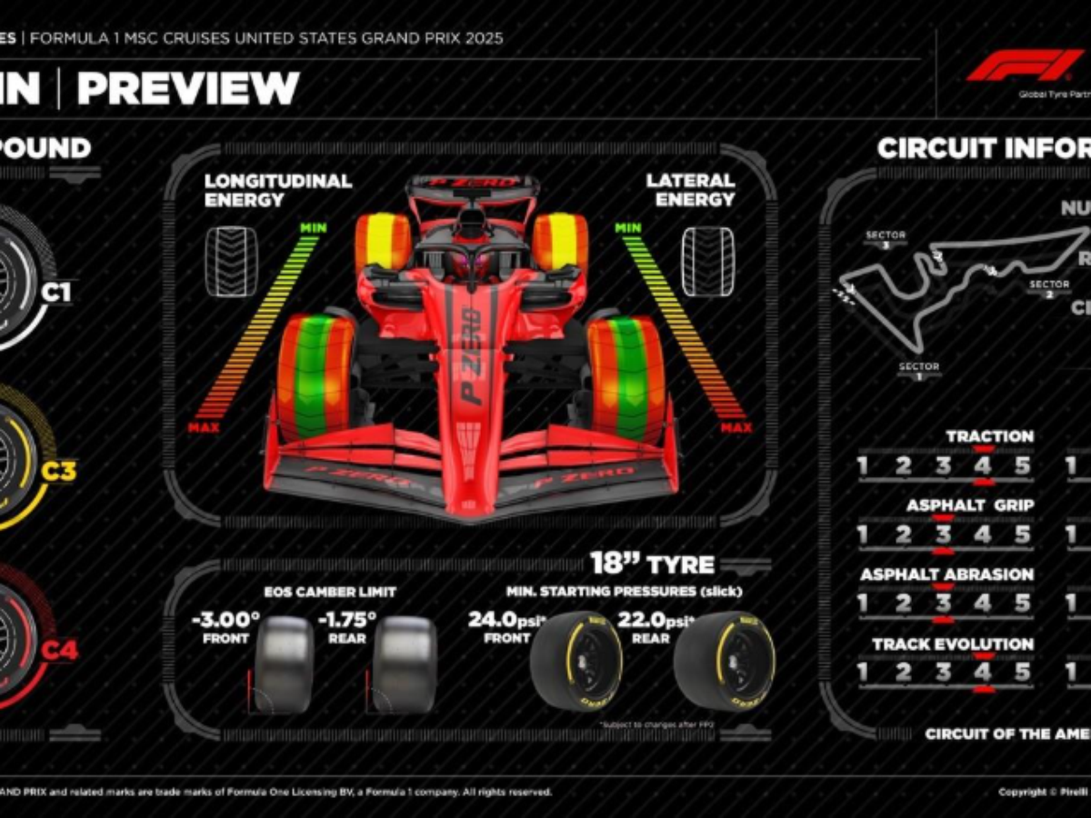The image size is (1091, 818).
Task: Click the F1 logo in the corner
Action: coord(1025,66)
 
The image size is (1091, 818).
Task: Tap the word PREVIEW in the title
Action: coord(188,88)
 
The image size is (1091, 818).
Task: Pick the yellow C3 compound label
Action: coord(59,471)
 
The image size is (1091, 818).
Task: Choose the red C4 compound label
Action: coord(60,650)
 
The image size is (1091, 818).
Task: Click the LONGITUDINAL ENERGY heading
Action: coord(277,190)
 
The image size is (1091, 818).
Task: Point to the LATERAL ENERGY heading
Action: coord(690,190)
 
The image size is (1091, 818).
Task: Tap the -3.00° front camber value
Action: coord(225,620)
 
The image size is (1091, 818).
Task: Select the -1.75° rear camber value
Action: coord(346,620)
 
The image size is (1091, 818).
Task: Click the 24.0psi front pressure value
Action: coord(505,620)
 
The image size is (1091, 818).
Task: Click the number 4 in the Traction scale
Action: coord(983,466)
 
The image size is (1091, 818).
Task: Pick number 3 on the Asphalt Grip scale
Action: coord(943,534)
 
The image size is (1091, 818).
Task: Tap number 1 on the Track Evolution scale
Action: coord(863,673)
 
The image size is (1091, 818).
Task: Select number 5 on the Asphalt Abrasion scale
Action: coord(1023,604)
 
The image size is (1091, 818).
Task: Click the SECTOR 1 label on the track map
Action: coord(918,371)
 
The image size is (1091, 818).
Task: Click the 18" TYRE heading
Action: coord(652,564)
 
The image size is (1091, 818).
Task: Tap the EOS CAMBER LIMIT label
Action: coord(330,592)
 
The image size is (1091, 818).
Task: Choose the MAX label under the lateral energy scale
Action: coord(736,427)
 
